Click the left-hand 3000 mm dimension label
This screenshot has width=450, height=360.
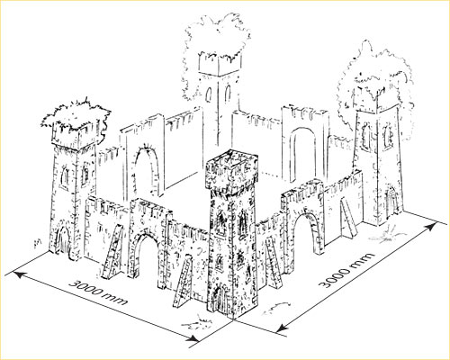pos(98,292)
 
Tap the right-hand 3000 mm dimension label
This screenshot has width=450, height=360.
pos(348,270)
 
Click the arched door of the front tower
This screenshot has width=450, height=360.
pos(218,300)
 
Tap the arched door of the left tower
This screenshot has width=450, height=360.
pos(64,241)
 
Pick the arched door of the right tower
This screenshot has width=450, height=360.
pos(391,201)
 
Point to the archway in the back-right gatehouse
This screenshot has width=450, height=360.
pos(303,154)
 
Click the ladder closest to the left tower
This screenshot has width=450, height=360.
pos(112,251)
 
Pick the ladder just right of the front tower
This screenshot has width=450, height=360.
pos(273,262)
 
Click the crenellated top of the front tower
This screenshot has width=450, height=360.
pos(231,169)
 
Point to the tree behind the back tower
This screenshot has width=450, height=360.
pos(217,45)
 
